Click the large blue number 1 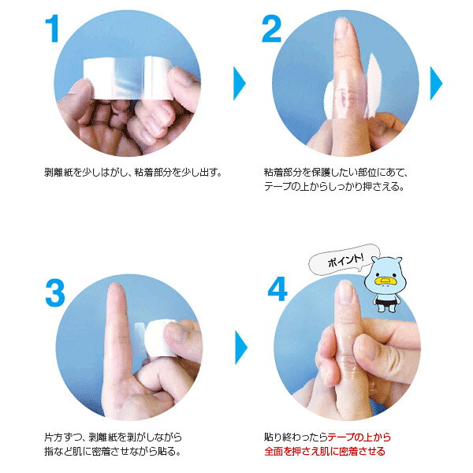[x=53, y=29]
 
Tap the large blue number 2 [x=271, y=29]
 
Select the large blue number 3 [x=55, y=293]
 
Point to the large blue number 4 [x=277, y=289]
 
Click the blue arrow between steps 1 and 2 [x=240, y=84]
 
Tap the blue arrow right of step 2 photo [x=436, y=84]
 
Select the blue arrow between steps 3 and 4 [x=241, y=348]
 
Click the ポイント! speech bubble [x=344, y=260]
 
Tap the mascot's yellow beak [x=385, y=281]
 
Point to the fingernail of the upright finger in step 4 [x=345, y=292]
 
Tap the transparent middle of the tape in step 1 [x=129, y=78]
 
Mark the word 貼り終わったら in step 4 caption [x=296, y=437]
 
